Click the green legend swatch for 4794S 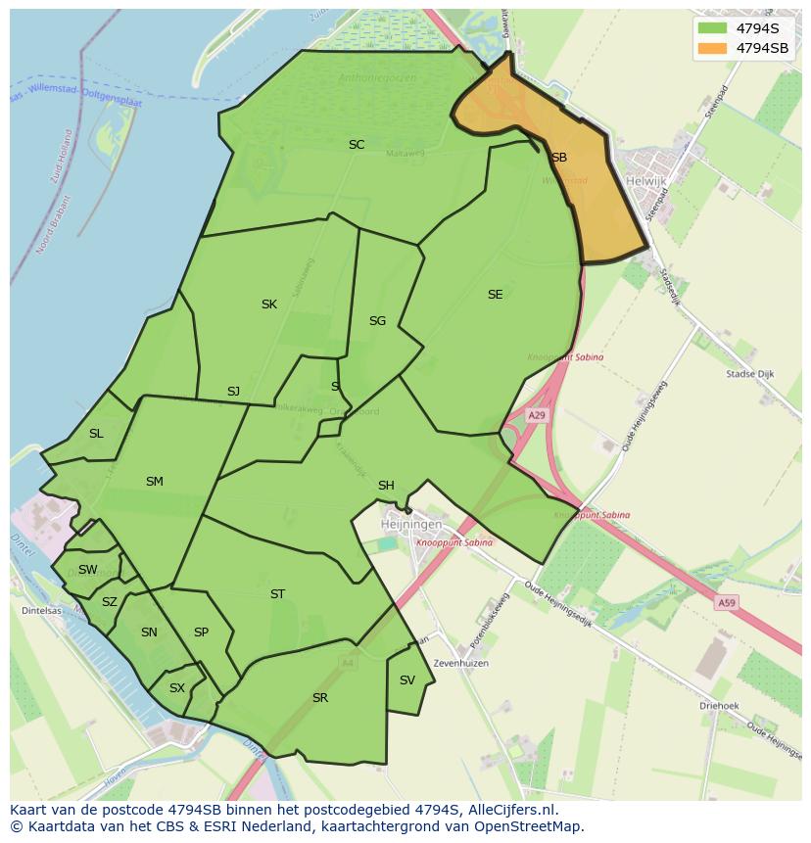click(x=712, y=28)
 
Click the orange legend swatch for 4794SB click(x=712, y=48)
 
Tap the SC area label click(x=357, y=145)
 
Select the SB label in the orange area click(x=559, y=158)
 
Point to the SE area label click(x=495, y=295)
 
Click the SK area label click(x=268, y=304)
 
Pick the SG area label click(x=377, y=321)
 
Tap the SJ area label click(x=233, y=392)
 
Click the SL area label click(x=96, y=434)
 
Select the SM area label click(x=154, y=482)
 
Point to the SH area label click(x=386, y=486)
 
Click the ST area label click(x=277, y=594)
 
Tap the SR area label click(x=319, y=698)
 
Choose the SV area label click(x=407, y=680)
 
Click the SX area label click(x=176, y=688)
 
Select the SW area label click(x=88, y=570)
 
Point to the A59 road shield click(x=726, y=603)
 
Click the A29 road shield click(x=536, y=416)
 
